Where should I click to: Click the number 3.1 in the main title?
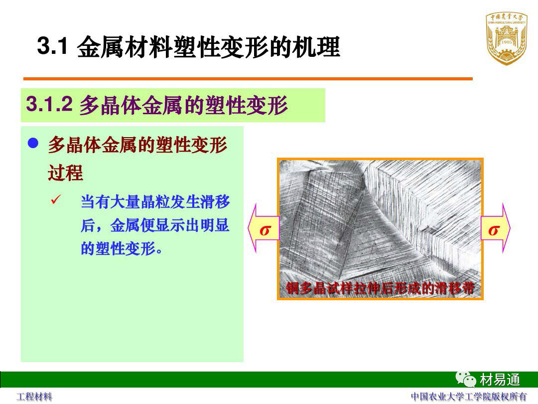tap(52, 45)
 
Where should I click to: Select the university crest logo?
tap(507, 39)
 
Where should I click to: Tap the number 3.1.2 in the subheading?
tap(49, 104)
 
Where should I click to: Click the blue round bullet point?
tap(33, 143)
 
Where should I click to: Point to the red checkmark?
tap(56, 199)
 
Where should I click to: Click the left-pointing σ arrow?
tap(264, 228)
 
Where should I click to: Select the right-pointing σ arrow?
tap(496, 228)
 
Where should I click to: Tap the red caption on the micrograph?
tap(380, 288)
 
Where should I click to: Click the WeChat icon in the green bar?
tap(466, 379)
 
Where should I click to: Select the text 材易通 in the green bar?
tap(500, 380)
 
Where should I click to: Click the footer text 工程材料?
tap(34, 397)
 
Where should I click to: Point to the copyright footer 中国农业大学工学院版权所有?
tap(469, 397)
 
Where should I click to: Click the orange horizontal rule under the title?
tap(248, 79)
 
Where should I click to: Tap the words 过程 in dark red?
tap(66, 173)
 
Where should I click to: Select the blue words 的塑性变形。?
tap(122, 248)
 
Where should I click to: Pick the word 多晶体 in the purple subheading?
tap(111, 105)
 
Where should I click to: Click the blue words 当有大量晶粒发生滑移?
tap(155, 202)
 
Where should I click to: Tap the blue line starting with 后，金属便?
tap(155, 225)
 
